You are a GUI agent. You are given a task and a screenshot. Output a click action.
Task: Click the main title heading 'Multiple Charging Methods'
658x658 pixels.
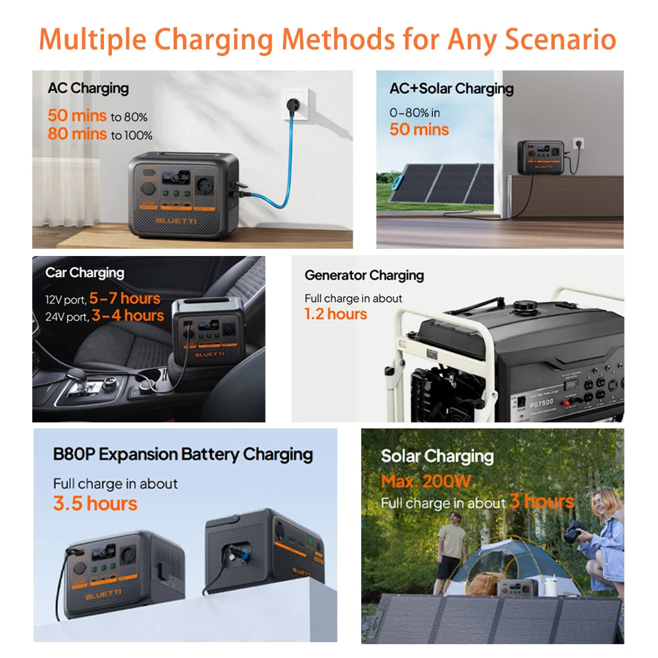327,39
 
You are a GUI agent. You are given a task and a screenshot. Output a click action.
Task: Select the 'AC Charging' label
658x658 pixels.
88,88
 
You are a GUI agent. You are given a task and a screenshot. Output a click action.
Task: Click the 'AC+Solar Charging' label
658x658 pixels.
451,89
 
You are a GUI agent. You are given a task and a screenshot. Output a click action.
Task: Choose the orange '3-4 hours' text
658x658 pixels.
128,315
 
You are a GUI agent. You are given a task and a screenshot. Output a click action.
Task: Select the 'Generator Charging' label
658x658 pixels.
364,275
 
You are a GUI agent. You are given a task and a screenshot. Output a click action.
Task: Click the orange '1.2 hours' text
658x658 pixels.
336,314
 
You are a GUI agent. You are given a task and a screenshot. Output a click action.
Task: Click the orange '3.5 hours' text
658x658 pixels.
95,503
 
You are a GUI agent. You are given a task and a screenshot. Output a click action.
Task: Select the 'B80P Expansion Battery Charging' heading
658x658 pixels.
183,455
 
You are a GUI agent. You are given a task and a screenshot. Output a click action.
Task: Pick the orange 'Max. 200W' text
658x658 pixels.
426,481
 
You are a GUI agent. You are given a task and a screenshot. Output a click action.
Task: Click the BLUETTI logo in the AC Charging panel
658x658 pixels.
176,220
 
